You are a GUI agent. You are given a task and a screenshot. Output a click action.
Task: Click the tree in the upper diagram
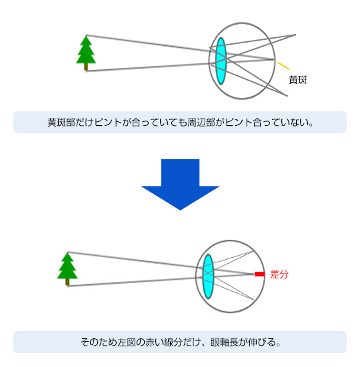point(86,53)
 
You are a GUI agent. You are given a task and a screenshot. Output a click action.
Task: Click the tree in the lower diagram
point(67,269)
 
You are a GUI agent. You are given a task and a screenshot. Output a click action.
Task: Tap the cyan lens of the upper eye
point(221,61)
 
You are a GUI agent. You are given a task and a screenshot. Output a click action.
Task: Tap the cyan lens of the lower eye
point(208,276)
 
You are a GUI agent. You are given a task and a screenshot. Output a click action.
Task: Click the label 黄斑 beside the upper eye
point(298,80)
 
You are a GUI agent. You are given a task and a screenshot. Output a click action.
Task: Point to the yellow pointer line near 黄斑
point(283,66)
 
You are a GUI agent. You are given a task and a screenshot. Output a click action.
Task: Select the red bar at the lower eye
point(259,274)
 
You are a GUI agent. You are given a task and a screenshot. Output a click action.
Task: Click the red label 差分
point(279,274)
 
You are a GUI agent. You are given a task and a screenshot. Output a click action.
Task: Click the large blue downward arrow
point(180,184)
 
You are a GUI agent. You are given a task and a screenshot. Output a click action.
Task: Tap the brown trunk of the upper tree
point(86,67)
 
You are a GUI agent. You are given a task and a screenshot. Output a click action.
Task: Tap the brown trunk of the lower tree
point(67,282)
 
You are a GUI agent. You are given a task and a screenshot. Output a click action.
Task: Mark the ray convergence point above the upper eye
point(295,35)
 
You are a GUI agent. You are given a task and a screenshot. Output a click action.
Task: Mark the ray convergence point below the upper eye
point(287,96)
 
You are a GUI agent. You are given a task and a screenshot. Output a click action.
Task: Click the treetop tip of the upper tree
point(86,35)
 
